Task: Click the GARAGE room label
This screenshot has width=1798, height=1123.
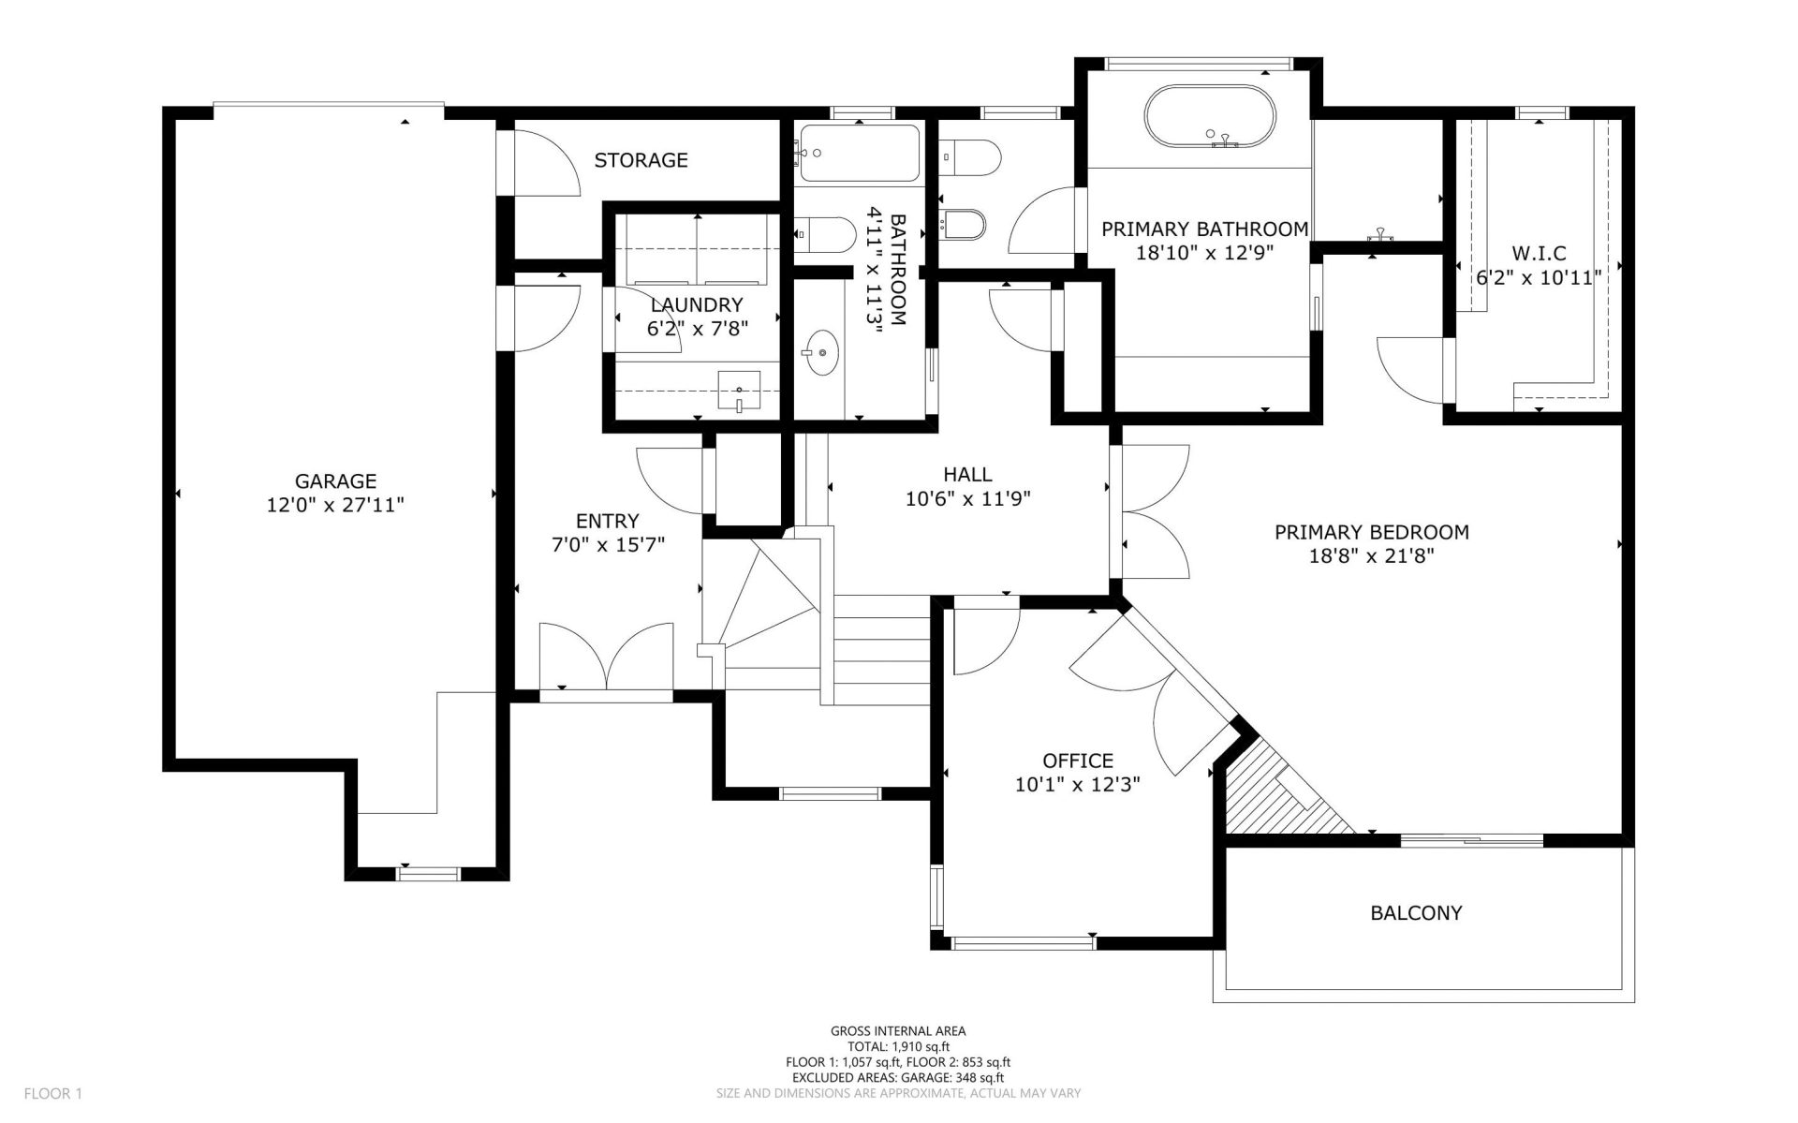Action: point(335,481)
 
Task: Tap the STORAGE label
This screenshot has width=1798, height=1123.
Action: point(641,160)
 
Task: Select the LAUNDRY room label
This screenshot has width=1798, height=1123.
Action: point(697,304)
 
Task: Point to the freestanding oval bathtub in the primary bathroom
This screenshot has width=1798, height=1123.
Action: point(1210,117)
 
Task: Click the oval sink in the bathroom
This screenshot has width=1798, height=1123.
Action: point(821,352)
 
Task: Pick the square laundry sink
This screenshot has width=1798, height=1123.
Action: point(739,391)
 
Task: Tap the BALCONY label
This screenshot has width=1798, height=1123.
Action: point(1416,913)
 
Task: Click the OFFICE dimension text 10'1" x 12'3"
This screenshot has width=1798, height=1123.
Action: point(1078,785)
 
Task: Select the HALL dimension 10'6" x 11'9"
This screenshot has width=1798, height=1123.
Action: point(968,499)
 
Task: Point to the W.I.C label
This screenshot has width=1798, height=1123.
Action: point(1539,254)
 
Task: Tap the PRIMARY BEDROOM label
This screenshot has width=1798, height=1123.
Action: point(1372,533)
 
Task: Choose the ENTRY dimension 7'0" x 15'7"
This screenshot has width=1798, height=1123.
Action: point(609,544)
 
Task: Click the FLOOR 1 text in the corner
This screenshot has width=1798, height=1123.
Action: point(53,1093)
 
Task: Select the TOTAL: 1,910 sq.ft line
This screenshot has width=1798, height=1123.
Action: point(899,1047)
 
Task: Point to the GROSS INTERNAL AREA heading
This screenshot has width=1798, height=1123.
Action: point(899,1031)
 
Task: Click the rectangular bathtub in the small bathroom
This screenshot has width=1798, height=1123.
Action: point(860,150)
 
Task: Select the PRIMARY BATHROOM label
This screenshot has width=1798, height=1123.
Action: point(1204,229)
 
